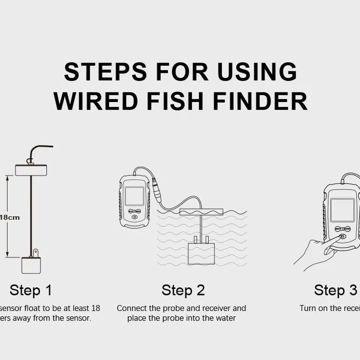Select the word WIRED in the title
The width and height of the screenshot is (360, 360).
(96, 101)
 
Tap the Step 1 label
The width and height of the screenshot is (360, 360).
(30, 290)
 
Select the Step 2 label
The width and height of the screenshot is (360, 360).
(183, 290)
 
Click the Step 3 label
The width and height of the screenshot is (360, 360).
(335, 290)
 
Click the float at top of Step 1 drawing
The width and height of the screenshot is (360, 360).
(31, 170)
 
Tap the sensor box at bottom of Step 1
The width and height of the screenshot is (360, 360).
(31, 264)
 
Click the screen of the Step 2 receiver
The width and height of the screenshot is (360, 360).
(134, 196)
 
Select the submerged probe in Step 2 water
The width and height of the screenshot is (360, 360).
(201, 253)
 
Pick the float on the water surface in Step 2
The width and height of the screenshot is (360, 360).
(201, 212)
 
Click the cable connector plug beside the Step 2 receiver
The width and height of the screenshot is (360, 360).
(156, 190)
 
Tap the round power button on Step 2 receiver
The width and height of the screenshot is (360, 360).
(134, 217)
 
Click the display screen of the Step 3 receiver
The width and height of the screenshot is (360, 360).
(342, 210)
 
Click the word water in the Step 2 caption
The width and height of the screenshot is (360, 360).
(225, 318)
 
